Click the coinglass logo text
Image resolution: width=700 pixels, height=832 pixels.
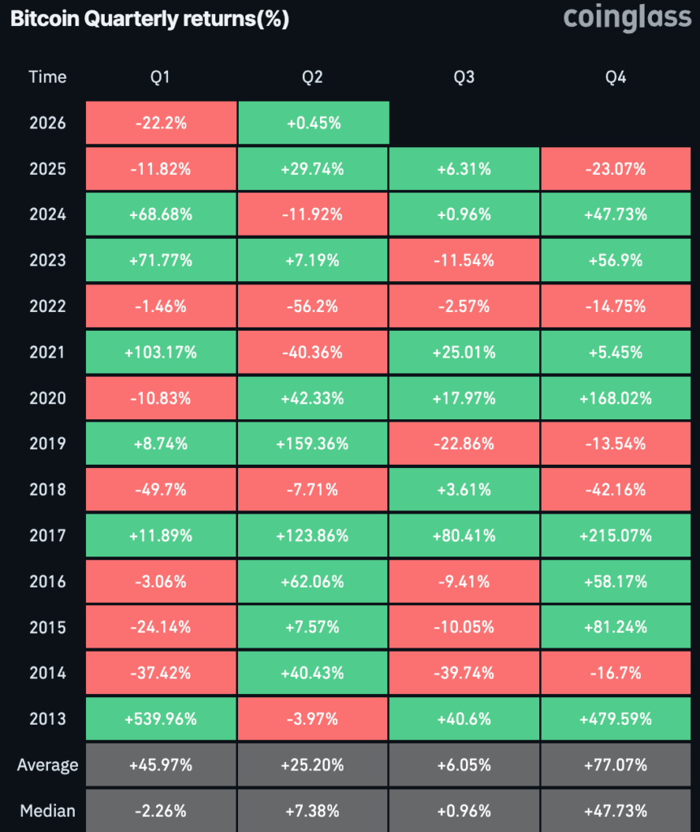[626, 17]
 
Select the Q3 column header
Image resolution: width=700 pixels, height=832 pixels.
[465, 77]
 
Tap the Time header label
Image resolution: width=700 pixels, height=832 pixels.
[48, 77]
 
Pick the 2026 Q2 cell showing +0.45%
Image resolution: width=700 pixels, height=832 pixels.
[313, 123]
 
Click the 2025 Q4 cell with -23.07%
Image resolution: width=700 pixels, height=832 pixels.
[616, 169]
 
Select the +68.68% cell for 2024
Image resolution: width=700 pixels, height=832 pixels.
[161, 214]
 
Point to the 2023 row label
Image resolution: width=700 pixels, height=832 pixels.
[48, 261]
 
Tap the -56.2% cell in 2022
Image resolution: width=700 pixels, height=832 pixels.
[313, 306]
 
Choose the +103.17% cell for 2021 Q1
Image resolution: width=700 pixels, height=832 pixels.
[161, 353]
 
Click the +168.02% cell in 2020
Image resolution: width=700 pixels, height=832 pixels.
[616, 398]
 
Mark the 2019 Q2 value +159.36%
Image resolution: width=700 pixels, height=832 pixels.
[313, 444]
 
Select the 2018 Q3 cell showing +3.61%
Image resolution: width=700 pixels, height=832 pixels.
[465, 490]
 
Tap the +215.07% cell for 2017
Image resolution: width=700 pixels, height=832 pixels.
[616, 535]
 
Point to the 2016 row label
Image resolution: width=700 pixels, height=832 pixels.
[48, 582]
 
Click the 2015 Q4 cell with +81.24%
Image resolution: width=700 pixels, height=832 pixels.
[616, 627]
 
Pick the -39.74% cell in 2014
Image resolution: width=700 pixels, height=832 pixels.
[465, 673]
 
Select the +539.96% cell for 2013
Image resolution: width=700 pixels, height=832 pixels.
[161, 719]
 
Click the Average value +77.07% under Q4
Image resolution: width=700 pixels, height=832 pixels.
[616, 765]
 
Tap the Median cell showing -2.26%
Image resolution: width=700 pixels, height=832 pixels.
[161, 811]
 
